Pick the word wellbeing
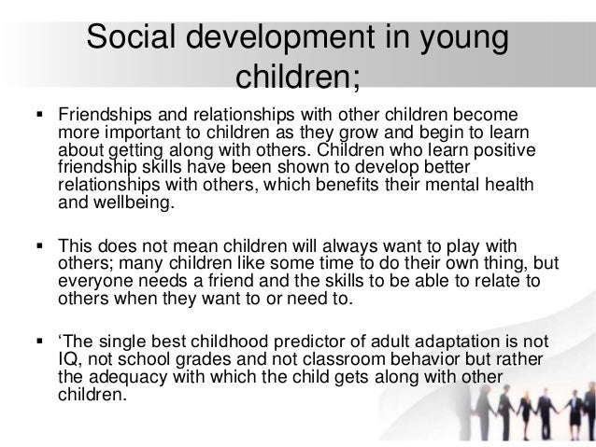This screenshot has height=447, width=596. [x=130, y=198]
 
